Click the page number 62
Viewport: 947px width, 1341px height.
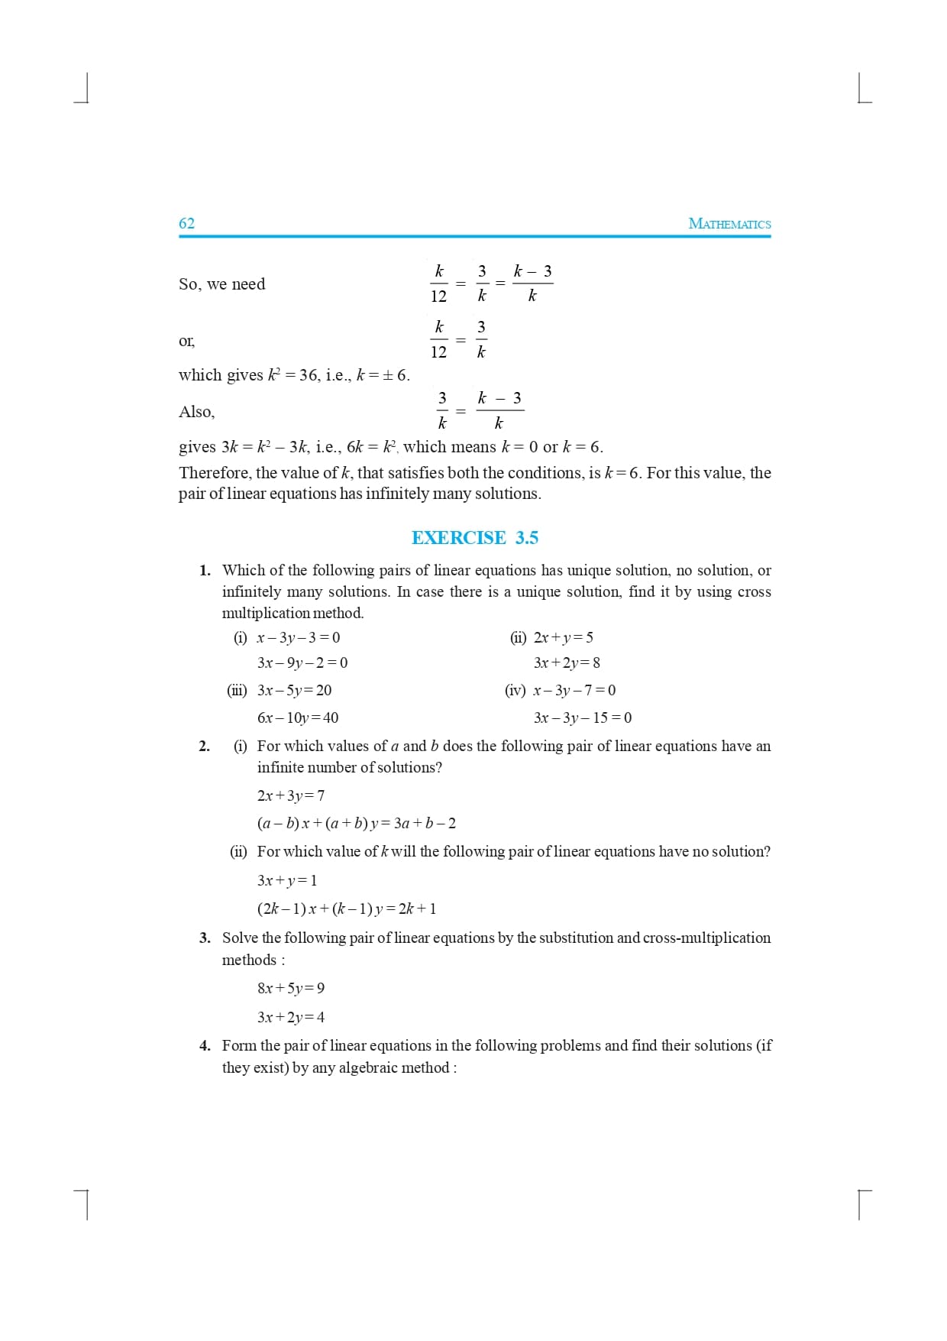pyautogui.click(x=186, y=223)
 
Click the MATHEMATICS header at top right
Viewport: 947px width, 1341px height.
pyautogui.click(x=729, y=224)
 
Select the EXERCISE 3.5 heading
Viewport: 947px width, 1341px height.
pyautogui.click(x=474, y=538)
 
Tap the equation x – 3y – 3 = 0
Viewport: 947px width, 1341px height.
pyautogui.click(x=299, y=637)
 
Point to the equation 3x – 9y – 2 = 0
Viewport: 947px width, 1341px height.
pyautogui.click(x=302, y=662)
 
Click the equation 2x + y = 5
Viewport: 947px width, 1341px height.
pyautogui.click(x=563, y=637)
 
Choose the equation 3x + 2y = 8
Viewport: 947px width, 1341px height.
pyautogui.click(x=567, y=662)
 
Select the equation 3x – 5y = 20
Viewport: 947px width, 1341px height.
pyautogui.click(x=295, y=690)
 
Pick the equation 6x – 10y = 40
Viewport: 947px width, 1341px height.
pyautogui.click(x=298, y=717)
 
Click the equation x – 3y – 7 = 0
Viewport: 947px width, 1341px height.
pyautogui.click(x=574, y=690)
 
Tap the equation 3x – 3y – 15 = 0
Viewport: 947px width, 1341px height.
pyautogui.click(x=583, y=717)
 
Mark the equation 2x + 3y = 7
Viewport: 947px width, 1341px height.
pyautogui.click(x=291, y=795)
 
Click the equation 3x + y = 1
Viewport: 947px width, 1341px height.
pyautogui.click(x=287, y=880)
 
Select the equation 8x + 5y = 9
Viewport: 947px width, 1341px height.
pyautogui.click(x=291, y=988)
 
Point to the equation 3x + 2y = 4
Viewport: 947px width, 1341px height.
pyautogui.click(x=291, y=1017)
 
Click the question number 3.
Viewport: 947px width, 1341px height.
pyautogui.click(x=205, y=938)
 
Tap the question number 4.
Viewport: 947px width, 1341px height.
pyautogui.click(x=205, y=1045)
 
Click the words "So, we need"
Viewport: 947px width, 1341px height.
pyautogui.click(x=221, y=284)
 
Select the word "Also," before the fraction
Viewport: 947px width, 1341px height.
pyautogui.click(x=196, y=412)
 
